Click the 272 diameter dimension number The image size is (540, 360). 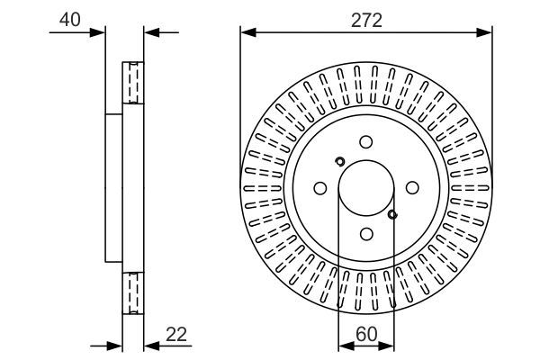click(365, 20)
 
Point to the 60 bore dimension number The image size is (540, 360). click(365, 333)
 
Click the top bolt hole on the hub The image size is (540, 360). click(365, 141)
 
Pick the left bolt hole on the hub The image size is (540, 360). click(319, 187)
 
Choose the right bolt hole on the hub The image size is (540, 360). click(412, 187)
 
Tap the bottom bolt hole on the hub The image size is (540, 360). click(365, 234)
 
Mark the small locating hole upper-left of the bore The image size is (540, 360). click(339, 162)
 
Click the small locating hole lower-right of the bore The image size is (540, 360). click(392, 214)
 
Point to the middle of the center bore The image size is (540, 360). click(365, 187)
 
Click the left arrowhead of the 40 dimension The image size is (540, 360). click(100, 33)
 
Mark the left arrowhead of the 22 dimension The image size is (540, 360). click(115, 346)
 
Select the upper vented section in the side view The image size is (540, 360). click(132, 83)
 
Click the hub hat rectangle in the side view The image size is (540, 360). click(114, 187)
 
